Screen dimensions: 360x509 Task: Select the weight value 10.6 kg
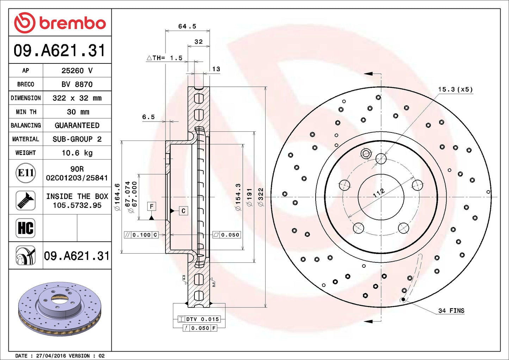77,153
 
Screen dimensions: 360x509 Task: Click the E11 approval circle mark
26,173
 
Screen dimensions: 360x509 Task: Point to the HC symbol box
26,228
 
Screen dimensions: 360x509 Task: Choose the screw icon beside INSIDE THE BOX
26,200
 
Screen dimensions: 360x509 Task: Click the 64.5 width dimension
187,26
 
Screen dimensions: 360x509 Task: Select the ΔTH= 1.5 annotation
165,58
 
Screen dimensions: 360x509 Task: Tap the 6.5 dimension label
148,117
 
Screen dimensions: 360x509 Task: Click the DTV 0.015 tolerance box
199,319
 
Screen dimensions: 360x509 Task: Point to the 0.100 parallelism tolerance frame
141,235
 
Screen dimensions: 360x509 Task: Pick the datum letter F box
151,206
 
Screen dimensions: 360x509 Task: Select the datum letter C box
183,211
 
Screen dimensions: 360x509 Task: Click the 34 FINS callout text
451,311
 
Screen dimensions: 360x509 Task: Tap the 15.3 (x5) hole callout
455,89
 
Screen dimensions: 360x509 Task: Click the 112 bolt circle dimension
379,193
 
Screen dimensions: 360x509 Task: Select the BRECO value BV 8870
77,85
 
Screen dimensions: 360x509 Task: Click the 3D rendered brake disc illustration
60,308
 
